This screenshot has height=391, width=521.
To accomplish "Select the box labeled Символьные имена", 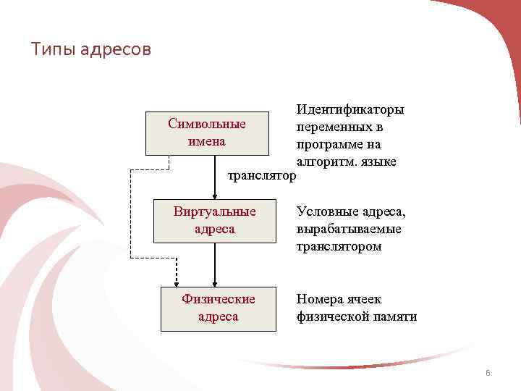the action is (x=207, y=133).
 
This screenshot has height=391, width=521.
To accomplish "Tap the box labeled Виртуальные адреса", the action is (x=215, y=221).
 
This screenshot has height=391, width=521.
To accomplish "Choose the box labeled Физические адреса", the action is (x=218, y=308).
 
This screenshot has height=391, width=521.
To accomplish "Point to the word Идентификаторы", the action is (x=350, y=109).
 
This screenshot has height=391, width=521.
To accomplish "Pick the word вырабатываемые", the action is (x=349, y=230).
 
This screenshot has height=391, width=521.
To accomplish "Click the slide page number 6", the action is (x=488, y=374).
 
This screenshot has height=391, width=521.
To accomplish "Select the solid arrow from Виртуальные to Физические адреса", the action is (x=215, y=264).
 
